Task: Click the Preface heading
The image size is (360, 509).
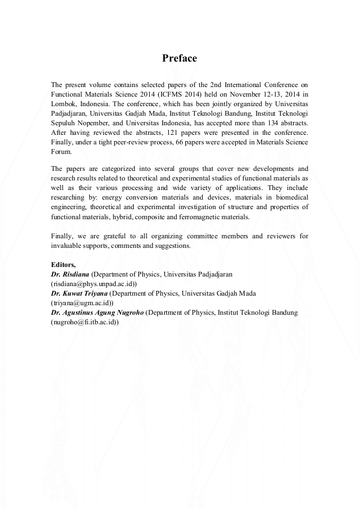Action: pyautogui.click(x=179, y=58)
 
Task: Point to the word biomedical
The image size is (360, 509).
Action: pyautogui.click(x=289, y=197)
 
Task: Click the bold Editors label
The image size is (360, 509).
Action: pyautogui.click(x=63, y=264)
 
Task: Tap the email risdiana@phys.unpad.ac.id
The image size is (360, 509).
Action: pyautogui.click(x=93, y=283)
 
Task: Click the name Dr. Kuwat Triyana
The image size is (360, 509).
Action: pyautogui.click(x=79, y=293)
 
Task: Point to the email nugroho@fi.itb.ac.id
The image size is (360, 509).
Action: pyautogui.click(x=84, y=322)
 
